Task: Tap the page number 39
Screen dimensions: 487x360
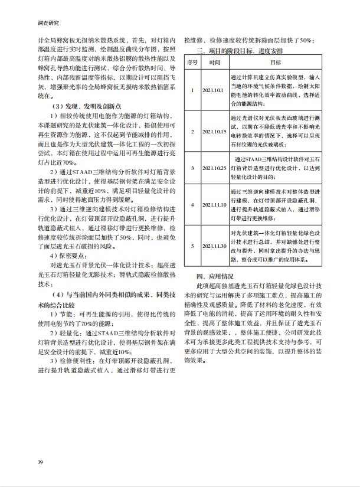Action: click(x=40, y=461)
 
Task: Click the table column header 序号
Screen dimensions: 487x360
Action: click(x=192, y=62)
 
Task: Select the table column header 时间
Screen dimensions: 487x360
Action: click(x=214, y=62)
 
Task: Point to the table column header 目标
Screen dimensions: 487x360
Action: click(x=275, y=62)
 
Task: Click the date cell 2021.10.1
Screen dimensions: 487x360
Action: click(x=213, y=90)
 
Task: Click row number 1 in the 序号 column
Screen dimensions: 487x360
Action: click(x=192, y=90)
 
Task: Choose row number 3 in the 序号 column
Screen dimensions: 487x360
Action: click(x=192, y=168)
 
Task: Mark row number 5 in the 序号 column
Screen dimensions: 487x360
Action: click(x=192, y=246)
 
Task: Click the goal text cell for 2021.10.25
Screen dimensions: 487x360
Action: click(x=275, y=168)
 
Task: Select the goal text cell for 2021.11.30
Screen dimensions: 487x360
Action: click(x=275, y=246)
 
